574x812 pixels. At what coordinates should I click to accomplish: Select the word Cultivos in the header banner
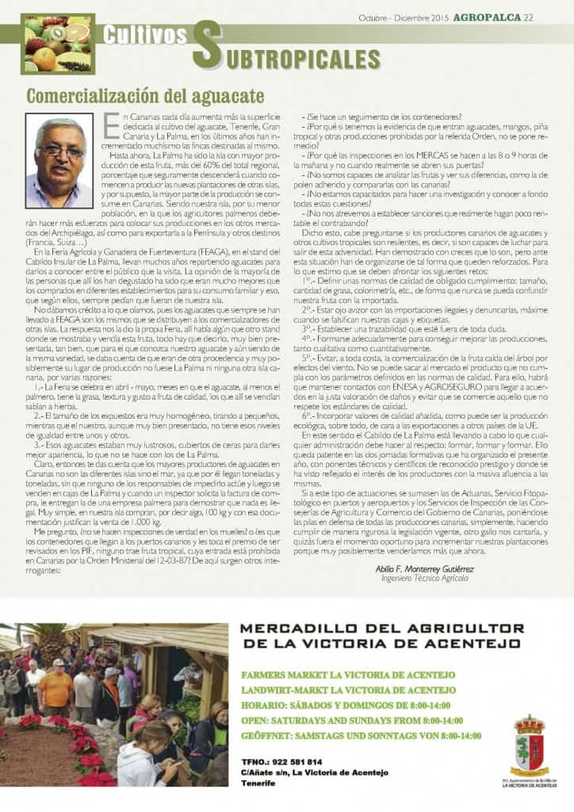click(146, 36)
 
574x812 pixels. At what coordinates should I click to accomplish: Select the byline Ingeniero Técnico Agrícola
click(424, 578)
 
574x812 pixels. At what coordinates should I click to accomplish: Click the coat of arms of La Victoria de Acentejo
click(528, 745)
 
